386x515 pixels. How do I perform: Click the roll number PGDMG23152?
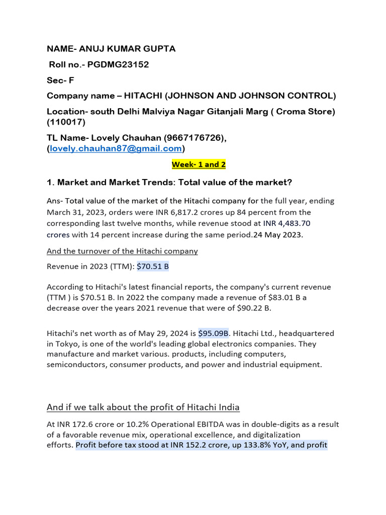click(x=118, y=64)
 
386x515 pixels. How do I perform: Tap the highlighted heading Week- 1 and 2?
click(x=193, y=164)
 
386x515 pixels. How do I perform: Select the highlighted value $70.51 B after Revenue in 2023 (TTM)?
click(x=153, y=267)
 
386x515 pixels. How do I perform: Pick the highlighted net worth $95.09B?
click(x=213, y=333)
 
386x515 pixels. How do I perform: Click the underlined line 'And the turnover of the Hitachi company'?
click(x=122, y=251)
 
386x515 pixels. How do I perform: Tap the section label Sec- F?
click(x=60, y=80)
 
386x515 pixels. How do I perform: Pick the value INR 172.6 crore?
click(x=82, y=424)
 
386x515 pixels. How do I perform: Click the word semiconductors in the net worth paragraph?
click(x=75, y=365)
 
